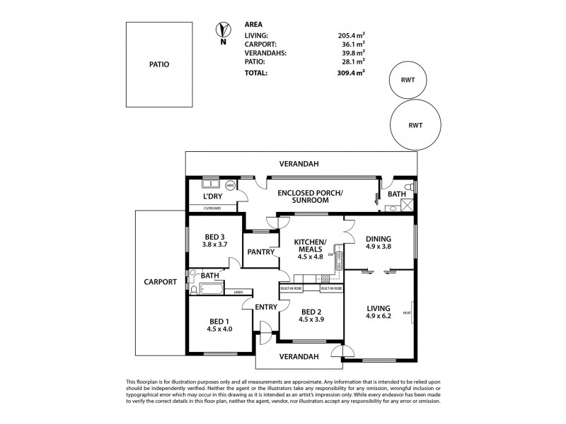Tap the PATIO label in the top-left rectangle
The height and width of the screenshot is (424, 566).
coord(159,64)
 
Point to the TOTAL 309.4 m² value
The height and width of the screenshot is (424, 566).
coord(351,72)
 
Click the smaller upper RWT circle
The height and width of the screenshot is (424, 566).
coord(408,80)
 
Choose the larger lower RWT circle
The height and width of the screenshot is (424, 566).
coord(416,124)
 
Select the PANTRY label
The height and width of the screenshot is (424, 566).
coord(260,252)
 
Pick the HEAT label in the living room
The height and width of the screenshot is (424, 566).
coord(407,312)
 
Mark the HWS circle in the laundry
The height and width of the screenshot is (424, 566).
coord(230,184)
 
